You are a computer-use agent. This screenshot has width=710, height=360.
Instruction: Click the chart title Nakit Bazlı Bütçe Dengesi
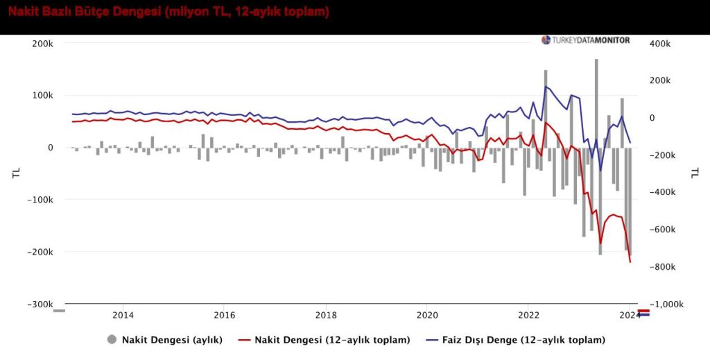168,12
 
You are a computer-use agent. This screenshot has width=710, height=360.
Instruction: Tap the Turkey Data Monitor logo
586,40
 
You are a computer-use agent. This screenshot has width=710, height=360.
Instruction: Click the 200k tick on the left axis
43,44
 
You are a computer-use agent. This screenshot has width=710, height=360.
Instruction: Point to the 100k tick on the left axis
43,96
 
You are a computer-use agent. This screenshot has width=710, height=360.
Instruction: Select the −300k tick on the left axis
40,305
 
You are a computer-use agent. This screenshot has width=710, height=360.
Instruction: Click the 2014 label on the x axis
123,316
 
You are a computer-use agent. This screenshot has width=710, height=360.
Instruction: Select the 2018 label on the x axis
326,316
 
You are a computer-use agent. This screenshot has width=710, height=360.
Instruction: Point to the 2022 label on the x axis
528,316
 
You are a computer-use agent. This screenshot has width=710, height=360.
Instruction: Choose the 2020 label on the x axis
427,316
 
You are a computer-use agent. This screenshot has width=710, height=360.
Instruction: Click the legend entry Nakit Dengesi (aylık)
171,340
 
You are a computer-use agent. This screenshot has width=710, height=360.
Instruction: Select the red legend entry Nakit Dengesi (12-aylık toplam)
332,340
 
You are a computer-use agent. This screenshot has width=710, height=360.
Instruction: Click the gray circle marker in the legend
112,340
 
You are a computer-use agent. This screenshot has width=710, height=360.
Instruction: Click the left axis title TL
15,173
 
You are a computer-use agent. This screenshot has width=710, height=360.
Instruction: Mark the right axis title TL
693,173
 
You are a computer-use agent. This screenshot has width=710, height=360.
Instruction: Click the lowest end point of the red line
630,262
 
